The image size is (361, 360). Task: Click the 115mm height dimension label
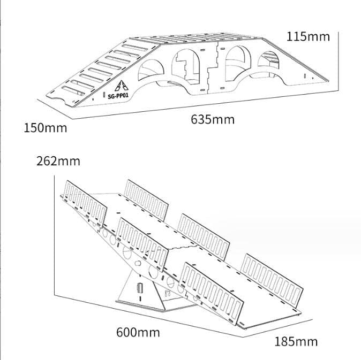[308, 37]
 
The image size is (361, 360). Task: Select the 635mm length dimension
[213, 119]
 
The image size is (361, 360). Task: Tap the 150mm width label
[46, 128]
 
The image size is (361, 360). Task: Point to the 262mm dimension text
[58, 160]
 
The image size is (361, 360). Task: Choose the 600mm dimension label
[138, 332]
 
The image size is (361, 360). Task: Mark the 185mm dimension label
[296, 341]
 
